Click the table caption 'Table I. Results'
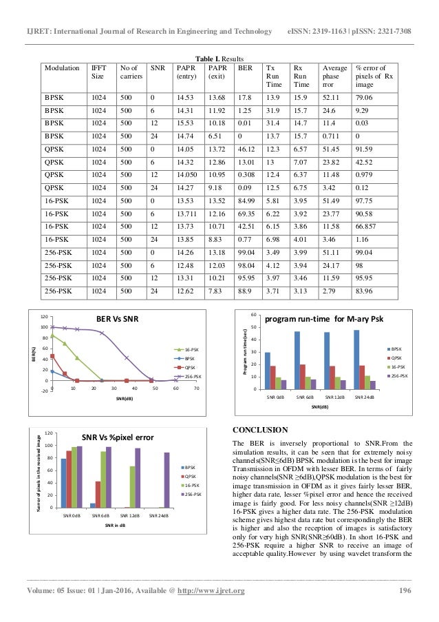point(219,58)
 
